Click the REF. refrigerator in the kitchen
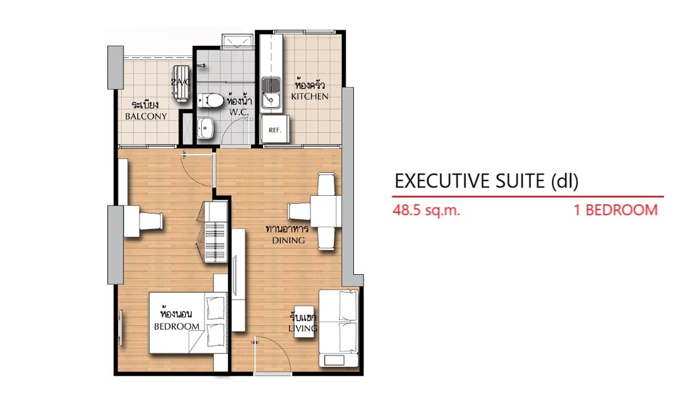(275, 129)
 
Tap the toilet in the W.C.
(210, 100)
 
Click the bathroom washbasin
(205, 127)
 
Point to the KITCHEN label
(310, 97)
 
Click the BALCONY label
(146, 116)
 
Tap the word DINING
(288, 240)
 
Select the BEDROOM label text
(177, 326)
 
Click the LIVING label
(303, 328)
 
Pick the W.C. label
(239, 112)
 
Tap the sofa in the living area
(339, 328)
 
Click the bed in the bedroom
(188, 322)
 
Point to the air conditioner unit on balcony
(180, 84)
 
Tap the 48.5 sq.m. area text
(427, 210)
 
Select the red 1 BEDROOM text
(615, 210)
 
